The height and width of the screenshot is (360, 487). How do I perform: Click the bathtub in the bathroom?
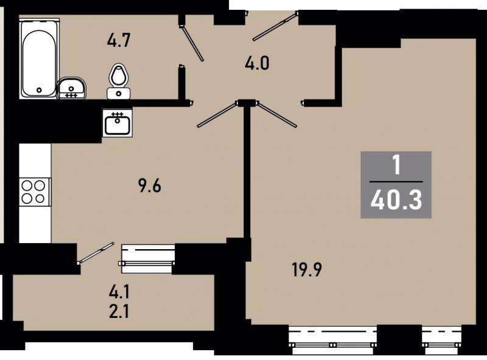click(x=39, y=58)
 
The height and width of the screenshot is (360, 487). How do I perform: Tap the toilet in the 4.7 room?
click(x=118, y=82)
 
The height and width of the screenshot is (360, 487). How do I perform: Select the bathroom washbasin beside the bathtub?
click(x=71, y=88)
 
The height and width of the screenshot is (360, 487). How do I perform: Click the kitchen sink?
click(x=117, y=122)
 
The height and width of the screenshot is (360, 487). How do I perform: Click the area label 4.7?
click(x=118, y=41)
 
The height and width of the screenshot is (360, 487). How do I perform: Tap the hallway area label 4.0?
click(x=257, y=64)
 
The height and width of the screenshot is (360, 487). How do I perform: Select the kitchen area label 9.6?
click(x=150, y=186)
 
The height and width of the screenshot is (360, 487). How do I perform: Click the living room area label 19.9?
click(x=307, y=269)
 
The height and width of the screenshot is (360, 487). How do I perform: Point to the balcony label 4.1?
click(x=119, y=292)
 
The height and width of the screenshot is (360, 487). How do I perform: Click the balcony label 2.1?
click(x=119, y=312)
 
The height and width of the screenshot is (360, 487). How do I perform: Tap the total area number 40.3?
click(x=396, y=200)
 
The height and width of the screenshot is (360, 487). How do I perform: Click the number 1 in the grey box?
click(x=396, y=166)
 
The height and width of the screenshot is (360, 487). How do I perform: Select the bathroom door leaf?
click(x=192, y=43)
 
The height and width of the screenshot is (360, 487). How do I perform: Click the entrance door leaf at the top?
click(x=276, y=26)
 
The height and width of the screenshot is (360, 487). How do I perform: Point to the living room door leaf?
click(x=276, y=115)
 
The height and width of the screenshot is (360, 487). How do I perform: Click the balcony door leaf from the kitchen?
click(x=96, y=253)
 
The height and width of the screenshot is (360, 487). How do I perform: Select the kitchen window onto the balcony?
click(x=148, y=259)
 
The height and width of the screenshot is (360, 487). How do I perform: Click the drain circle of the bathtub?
click(x=39, y=90)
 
